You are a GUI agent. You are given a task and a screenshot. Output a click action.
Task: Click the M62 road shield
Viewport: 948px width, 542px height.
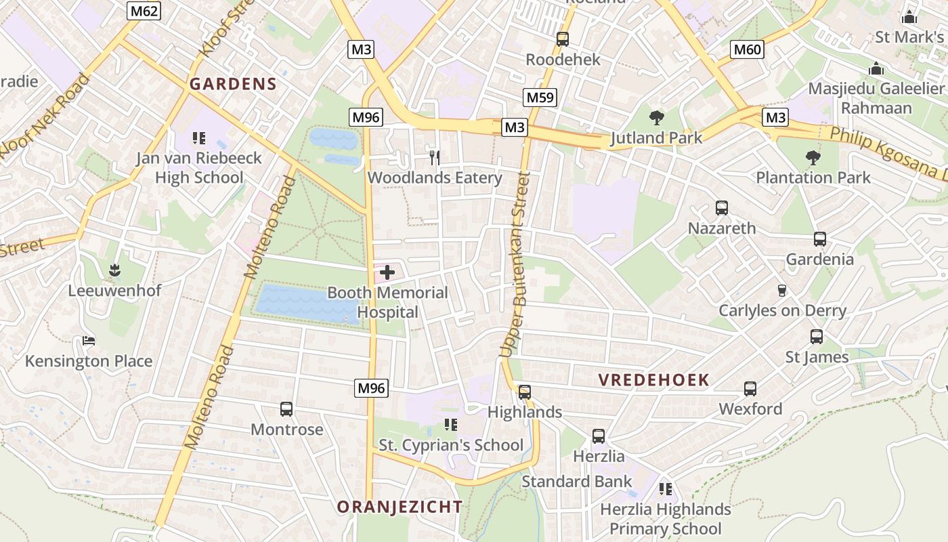(x=144, y=10)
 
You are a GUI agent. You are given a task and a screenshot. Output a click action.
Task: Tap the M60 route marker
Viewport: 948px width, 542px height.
(x=748, y=49)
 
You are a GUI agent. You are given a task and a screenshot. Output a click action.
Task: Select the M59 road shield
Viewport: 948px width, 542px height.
(x=540, y=98)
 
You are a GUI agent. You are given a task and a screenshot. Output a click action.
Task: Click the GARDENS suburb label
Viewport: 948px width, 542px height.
(x=233, y=84)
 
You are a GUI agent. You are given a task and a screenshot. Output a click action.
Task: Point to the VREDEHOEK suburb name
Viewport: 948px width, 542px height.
(x=653, y=380)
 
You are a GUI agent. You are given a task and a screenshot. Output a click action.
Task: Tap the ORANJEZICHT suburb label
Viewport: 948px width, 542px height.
(x=400, y=507)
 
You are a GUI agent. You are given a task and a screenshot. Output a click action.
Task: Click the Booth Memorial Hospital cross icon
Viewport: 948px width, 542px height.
(x=387, y=273)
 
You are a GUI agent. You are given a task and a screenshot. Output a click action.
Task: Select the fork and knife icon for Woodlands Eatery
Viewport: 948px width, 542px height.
(x=435, y=158)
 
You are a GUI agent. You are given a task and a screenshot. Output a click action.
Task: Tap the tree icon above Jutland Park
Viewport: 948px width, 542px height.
(x=656, y=118)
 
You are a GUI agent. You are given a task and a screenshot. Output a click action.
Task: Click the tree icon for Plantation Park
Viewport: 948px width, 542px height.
(x=813, y=158)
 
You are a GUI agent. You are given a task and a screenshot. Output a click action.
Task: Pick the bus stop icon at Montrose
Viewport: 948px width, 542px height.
(x=286, y=409)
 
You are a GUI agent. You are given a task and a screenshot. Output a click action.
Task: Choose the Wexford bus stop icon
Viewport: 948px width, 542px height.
(x=750, y=389)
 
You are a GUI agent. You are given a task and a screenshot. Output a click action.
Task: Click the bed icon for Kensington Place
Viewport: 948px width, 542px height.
(x=88, y=341)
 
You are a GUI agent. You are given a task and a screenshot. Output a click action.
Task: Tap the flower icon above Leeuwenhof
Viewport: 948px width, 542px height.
(x=114, y=270)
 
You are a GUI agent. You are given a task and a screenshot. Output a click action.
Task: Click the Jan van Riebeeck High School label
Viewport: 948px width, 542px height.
(x=198, y=168)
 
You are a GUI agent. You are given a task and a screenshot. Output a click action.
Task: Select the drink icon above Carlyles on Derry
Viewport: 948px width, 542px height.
(x=782, y=290)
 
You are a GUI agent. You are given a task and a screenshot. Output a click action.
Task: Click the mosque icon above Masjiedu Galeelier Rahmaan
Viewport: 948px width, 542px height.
(x=876, y=68)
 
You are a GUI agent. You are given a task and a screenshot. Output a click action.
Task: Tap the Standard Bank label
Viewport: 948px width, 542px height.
(x=576, y=482)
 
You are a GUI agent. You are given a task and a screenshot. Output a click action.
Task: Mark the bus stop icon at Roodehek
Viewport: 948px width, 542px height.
(x=563, y=39)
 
